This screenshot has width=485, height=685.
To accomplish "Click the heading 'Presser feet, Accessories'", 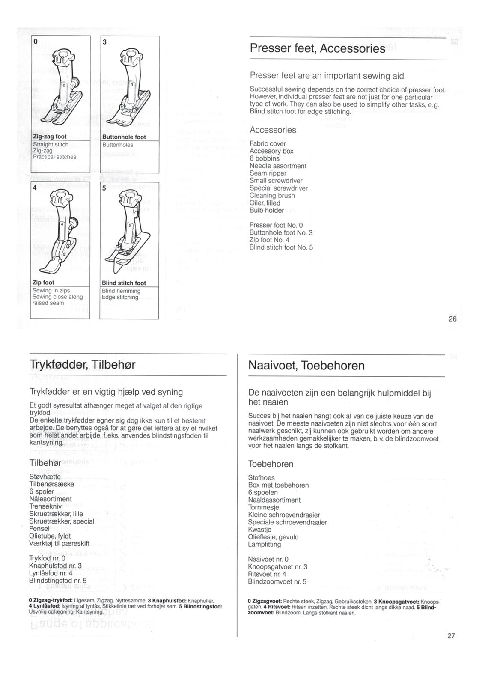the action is point(318,49).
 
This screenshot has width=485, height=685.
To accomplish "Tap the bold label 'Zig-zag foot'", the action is point(50,137).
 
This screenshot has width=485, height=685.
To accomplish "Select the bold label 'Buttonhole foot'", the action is point(124,137).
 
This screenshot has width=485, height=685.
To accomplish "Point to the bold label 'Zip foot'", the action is point(43,283).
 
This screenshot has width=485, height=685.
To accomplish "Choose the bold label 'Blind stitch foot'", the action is point(124,283).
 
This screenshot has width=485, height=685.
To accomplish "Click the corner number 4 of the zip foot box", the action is point(35,188).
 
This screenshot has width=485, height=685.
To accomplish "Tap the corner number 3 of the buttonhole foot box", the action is point(104,42).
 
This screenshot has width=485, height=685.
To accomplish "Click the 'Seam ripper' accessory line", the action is point(268,173).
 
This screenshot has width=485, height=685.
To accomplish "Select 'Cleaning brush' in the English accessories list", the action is point(272,195).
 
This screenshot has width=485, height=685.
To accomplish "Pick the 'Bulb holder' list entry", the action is point(267,210).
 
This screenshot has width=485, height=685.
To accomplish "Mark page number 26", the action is point(452,319).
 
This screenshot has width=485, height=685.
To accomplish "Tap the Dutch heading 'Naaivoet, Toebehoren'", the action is point(306,366).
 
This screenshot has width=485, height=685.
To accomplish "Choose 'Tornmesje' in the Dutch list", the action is point(264,507).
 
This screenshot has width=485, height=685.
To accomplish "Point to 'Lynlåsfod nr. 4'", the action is point(51,573).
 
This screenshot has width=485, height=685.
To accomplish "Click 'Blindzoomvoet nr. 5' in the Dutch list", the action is point(277,581).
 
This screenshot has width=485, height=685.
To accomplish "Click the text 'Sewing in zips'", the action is point(51,291).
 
